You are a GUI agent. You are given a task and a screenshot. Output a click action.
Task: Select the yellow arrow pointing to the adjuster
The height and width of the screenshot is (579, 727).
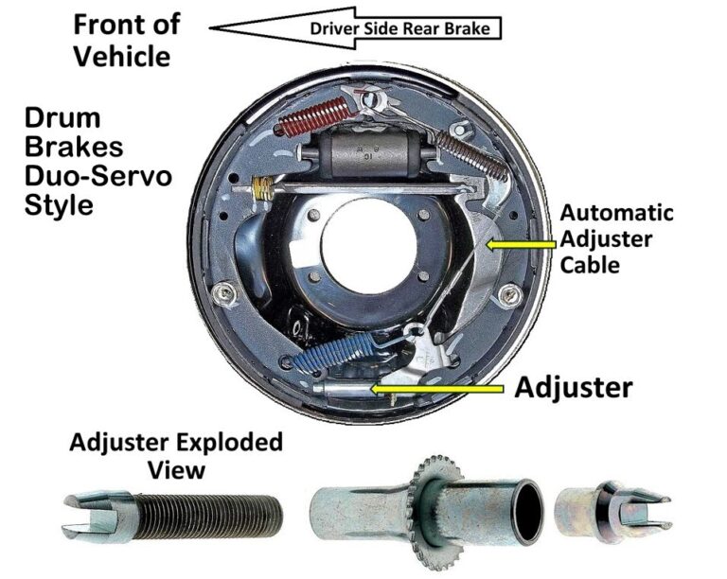tap(435, 388)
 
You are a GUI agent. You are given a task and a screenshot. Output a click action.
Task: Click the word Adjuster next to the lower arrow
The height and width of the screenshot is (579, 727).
tap(574, 387)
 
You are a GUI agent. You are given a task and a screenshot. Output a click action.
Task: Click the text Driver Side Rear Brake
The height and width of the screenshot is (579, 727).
tap(400, 28)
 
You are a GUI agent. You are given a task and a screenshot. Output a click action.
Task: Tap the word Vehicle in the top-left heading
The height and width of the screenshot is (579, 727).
tap(122, 56)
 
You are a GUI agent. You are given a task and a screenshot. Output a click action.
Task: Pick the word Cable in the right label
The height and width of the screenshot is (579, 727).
tap(590, 265)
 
